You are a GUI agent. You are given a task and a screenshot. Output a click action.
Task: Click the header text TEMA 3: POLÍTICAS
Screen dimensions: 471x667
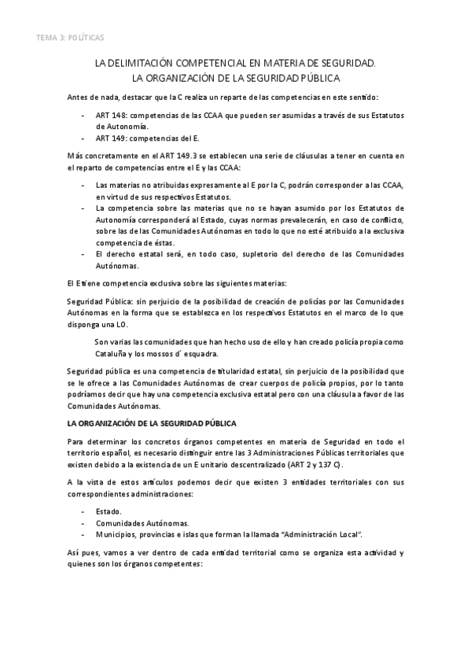[x=69, y=37]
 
